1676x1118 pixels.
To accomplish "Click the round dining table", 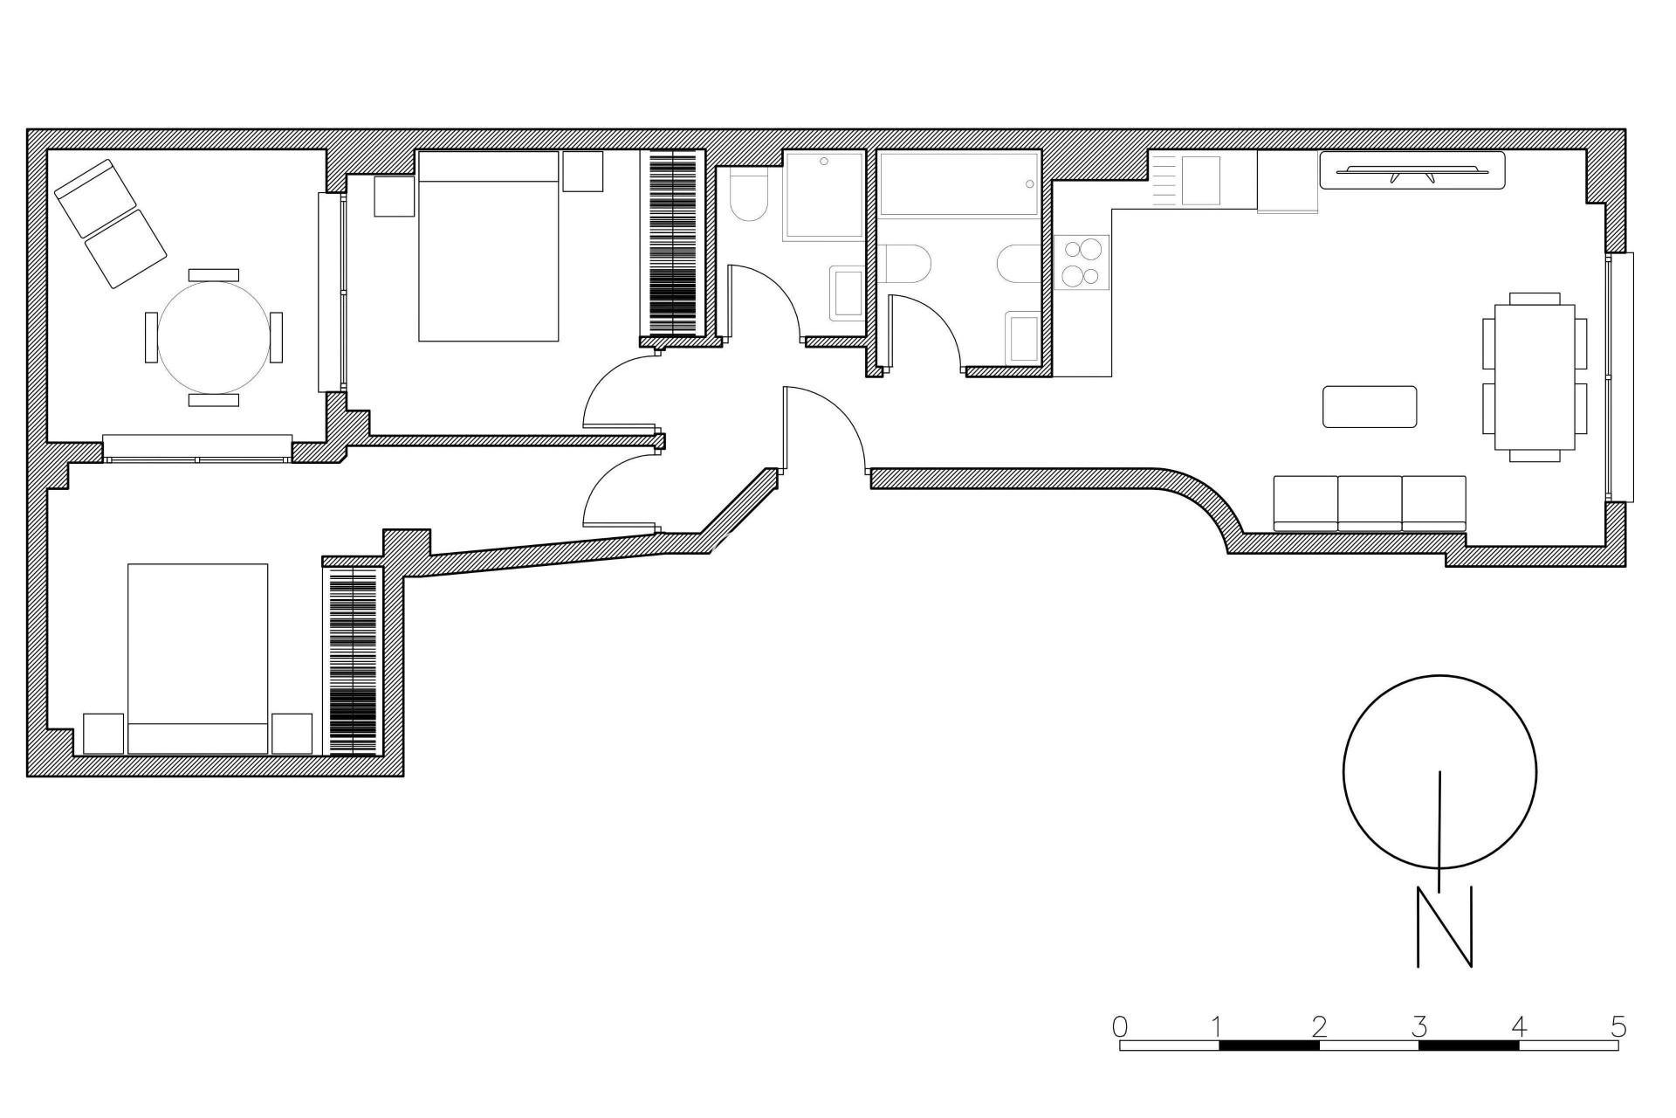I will (213, 336).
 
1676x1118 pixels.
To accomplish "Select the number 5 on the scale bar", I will (1618, 1025).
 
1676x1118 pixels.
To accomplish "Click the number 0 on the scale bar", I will (1120, 1025).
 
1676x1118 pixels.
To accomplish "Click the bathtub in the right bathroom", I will (958, 184).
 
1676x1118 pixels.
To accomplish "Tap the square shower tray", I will (823, 195).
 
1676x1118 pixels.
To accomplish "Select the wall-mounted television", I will (1412, 170).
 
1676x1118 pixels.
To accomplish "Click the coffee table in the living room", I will (1369, 407).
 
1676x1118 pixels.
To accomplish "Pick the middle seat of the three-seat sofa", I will (1370, 503).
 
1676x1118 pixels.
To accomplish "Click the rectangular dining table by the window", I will (1534, 376).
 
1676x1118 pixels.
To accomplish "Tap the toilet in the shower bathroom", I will (747, 197).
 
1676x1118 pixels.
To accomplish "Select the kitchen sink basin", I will (1200, 181).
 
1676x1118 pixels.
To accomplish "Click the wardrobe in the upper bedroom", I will (673, 244).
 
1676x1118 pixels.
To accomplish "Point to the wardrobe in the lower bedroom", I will (353, 661).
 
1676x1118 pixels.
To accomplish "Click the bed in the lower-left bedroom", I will (198, 658).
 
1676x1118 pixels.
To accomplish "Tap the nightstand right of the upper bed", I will (582, 171).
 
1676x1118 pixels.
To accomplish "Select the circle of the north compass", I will (1439, 772).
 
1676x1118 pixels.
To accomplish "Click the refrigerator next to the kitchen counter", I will (1287, 182).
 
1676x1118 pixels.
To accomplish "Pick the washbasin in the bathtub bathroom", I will (1022, 340).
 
